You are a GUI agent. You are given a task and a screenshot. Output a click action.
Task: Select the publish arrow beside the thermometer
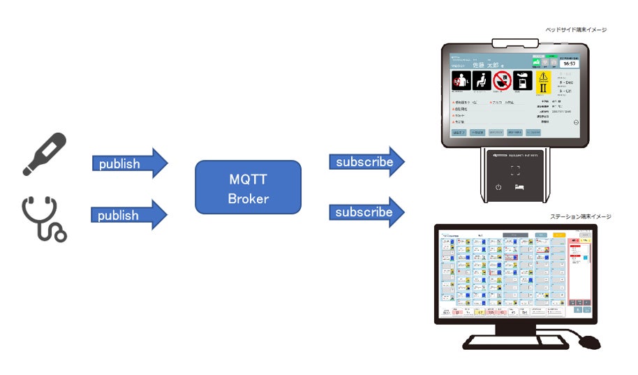pos(129,163)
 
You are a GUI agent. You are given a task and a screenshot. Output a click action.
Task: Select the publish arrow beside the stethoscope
pos(129,215)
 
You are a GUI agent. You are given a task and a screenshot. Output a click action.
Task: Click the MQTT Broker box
pos(248,187)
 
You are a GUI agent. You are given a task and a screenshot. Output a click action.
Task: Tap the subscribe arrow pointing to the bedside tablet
pos(366,162)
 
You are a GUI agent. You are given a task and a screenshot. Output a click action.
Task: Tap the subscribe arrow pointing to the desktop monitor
pos(366,212)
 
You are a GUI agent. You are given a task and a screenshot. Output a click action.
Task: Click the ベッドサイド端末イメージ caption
pos(576,30)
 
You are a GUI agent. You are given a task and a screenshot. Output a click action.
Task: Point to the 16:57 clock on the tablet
pos(568,63)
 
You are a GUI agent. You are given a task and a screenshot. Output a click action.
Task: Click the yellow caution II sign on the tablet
pos(543,87)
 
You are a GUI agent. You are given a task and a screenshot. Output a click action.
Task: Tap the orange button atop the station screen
pos(558,235)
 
